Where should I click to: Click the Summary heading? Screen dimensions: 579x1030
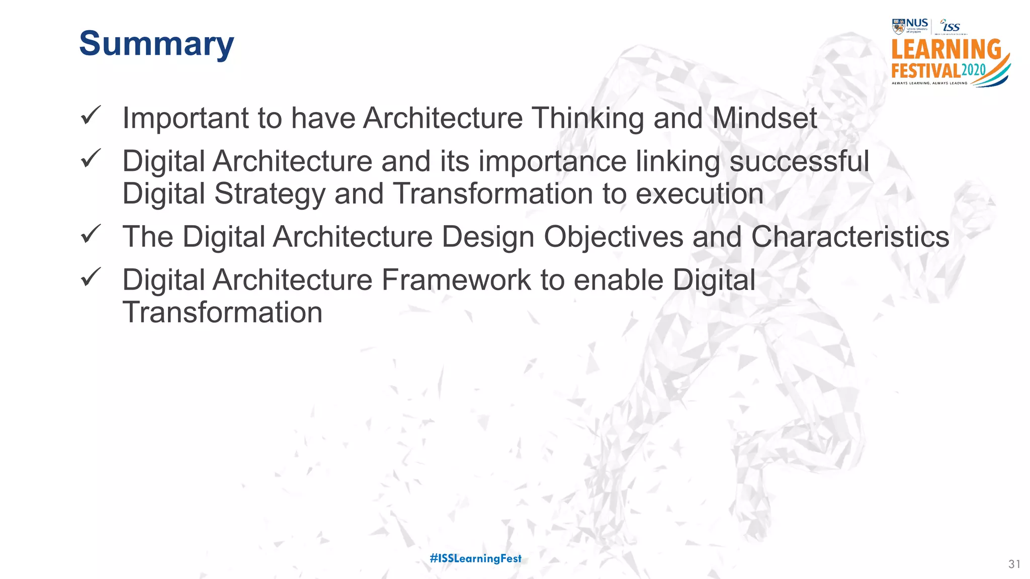click(x=156, y=44)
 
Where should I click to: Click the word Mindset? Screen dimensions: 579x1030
click(x=764, y=118)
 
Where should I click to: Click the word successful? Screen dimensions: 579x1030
click(x=799, y=161)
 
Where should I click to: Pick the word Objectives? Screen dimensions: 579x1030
click(x=613, y=237)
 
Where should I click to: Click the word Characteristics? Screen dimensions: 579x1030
click(x=850, y=237)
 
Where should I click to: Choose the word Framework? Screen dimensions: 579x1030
click(x=456, y=280)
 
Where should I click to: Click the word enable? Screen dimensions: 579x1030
click(x=619, y=280)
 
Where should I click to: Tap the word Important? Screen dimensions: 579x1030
click(x=186, y=119)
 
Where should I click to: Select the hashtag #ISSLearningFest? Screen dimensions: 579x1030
click(x=476, y=558)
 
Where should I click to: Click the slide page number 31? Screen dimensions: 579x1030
click(x=1014, y=564)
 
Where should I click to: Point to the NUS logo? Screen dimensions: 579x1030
click(x=910, y=26)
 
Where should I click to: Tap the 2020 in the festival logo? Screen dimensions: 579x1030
click(x=974, y=70)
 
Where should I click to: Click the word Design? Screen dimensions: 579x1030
click(x=488, y=237)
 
